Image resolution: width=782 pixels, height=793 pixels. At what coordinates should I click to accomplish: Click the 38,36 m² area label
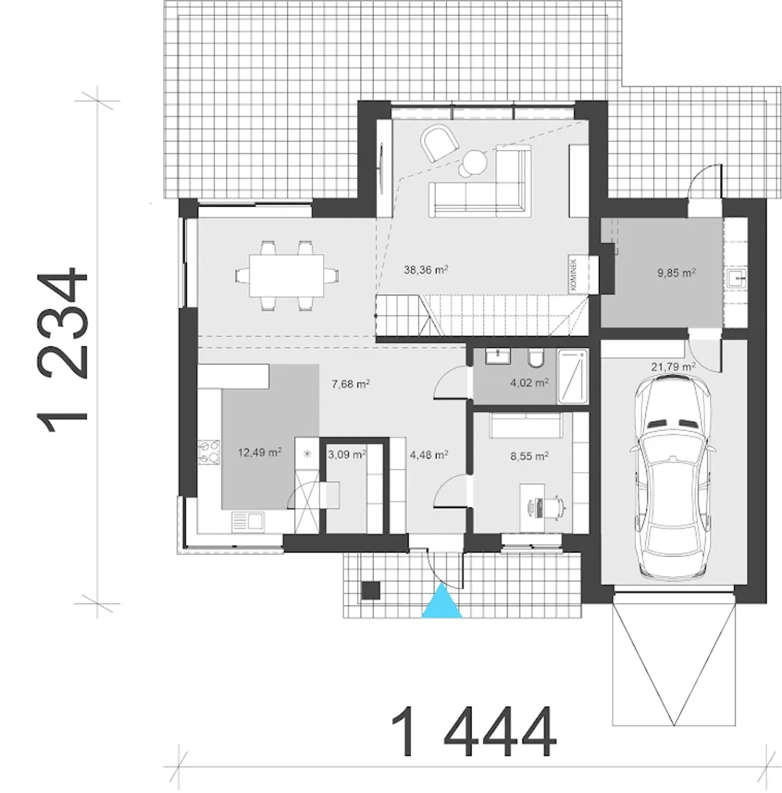coord(426,270)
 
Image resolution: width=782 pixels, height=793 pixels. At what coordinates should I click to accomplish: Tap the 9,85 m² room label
coord(677,273)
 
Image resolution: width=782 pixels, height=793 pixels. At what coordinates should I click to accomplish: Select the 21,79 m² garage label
coord(673,366)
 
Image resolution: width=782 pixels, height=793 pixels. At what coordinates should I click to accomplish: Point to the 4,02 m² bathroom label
coord(530,383)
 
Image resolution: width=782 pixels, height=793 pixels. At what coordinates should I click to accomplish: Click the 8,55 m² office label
coord(530,456)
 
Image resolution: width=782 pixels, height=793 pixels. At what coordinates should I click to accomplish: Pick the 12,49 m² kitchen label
coord(260,452)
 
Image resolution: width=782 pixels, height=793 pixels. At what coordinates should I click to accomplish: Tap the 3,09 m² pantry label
coord(347,454)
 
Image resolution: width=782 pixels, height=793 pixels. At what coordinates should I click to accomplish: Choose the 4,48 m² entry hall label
coord(429,454)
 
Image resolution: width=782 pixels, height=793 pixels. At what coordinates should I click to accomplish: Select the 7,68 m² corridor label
coord(351,384)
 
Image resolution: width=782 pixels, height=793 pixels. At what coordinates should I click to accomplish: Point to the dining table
coord(287,275)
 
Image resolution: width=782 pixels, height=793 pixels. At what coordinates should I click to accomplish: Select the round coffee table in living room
coord(474,163)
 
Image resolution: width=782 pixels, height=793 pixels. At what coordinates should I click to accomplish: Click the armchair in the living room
coord(439,144)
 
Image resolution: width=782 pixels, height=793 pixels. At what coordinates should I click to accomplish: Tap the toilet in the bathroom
coord(536,358)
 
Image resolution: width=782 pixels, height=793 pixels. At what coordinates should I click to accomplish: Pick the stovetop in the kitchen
coord(209,451)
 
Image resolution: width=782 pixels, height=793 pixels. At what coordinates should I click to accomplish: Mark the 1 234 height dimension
coord(62,350)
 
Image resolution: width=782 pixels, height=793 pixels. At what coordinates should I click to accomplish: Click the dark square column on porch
coord(371,591)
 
